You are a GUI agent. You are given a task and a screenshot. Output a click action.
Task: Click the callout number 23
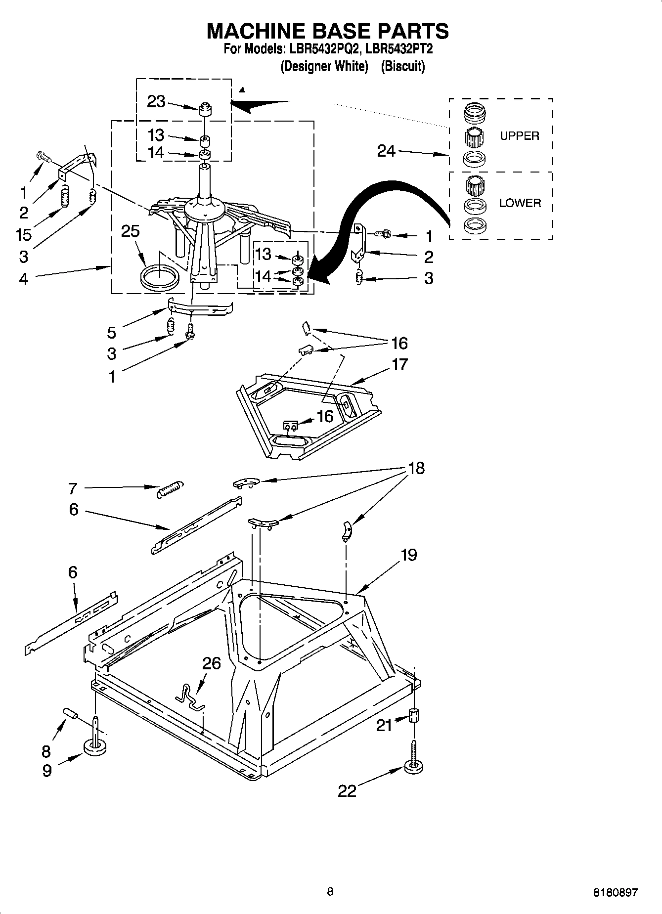pyautogui.click(x=156, y=101)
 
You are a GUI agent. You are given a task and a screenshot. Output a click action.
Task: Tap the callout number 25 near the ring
pyautogui.click(x=131, y=231)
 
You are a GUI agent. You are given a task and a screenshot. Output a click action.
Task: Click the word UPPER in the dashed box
pyautogui.click(x=519, y=136)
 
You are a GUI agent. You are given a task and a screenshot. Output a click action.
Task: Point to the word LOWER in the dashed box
pyautogui.click(x=520, y=203)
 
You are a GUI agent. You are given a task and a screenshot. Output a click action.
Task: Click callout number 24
pyautogui.click(x=386, y=151)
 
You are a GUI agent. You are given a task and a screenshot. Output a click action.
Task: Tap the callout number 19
pyautogui.click(x=408, y=555)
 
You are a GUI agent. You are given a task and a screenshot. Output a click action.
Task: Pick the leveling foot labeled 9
pyautogui.click(x=95, y=746)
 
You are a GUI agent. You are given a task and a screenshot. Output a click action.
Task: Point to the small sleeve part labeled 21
pyautogui.click(x=414, y=715)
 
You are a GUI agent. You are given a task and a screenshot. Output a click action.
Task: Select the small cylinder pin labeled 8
pyautogui.click(x=71, y=714)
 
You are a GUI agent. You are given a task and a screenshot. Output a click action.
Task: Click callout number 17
pyautogui.click(x=399, y=364)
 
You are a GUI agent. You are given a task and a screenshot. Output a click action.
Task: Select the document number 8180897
pyautogui.click(x=615, y=892)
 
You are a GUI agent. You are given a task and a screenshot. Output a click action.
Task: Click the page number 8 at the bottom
pyautogui.click(x=330, y=892)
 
